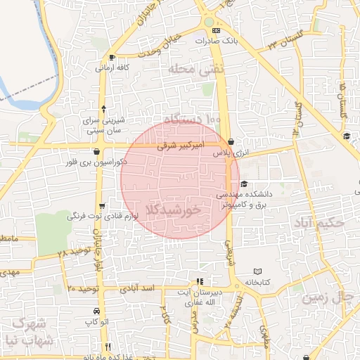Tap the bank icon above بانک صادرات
click(x=216, y=31)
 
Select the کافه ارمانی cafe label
click(x=114, y=68)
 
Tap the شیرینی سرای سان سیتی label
click(x=104, y=125)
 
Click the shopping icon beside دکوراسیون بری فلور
click(x=96, y=151)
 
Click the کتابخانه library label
click(x=257, y=282)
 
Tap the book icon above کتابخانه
click(x=257, y=271)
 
